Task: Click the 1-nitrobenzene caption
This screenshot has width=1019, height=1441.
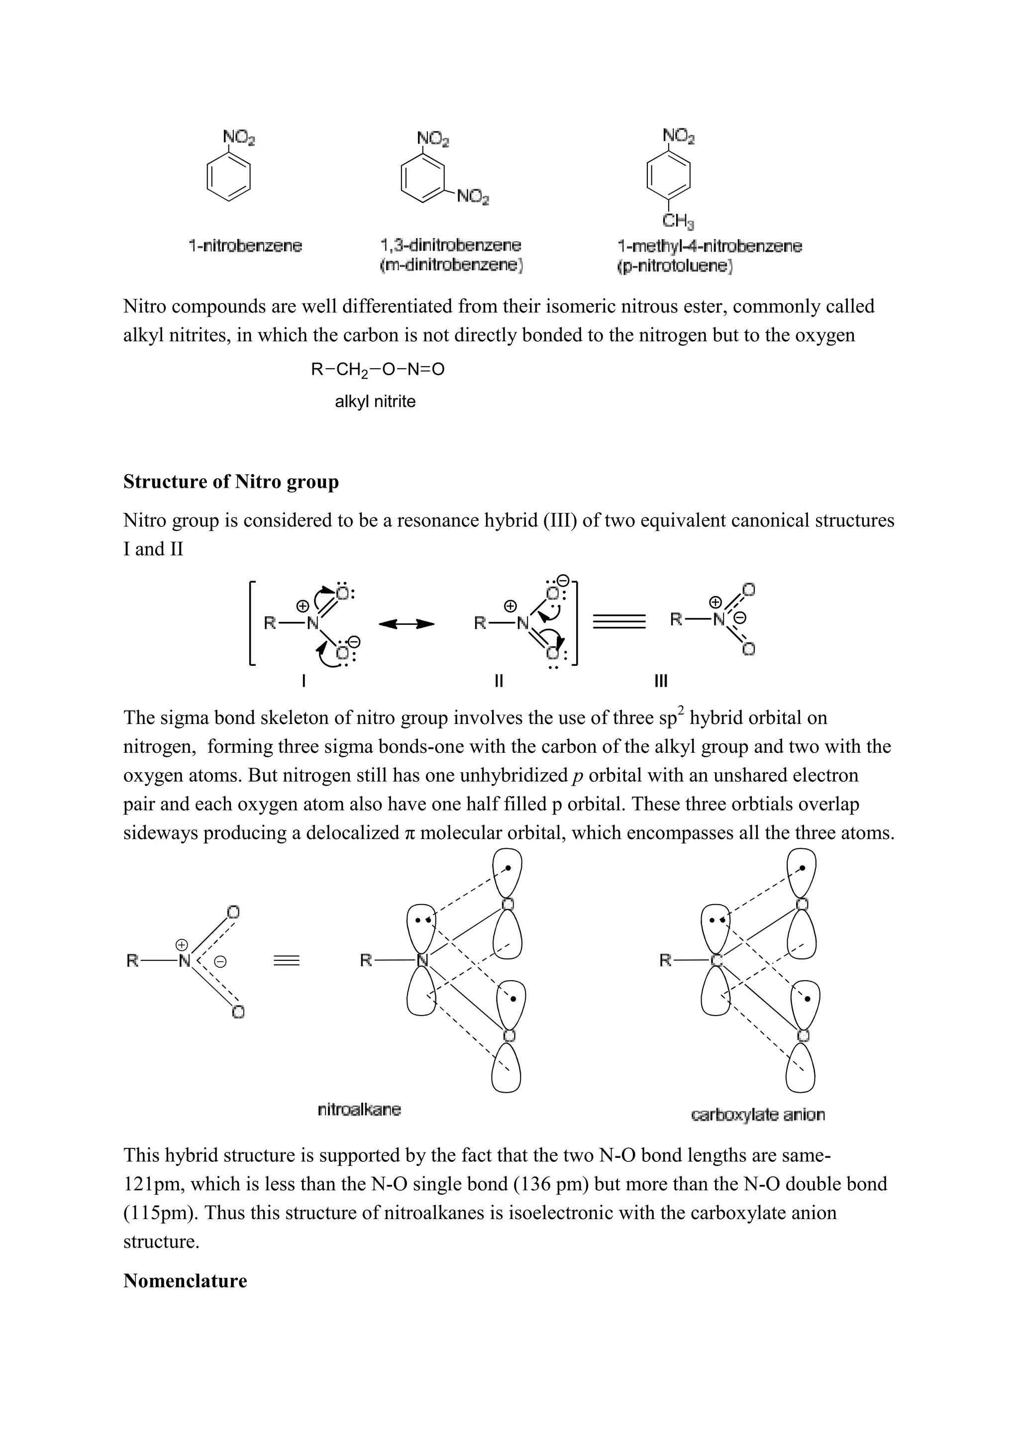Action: pos(245,246)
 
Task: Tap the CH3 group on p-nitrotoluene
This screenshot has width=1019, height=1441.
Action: pos(678,221)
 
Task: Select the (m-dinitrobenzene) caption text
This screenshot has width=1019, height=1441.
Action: pos(451,266)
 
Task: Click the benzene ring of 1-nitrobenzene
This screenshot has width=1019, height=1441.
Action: pos(229,178)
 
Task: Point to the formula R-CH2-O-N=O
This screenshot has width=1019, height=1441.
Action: pos(377,370)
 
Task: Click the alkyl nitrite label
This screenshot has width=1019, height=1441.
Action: pos(375,402)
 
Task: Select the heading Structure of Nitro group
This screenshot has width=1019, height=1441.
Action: pos(231,482)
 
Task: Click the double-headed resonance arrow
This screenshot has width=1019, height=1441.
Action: pos(407,624)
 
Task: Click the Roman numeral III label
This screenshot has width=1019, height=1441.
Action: pos(661,681)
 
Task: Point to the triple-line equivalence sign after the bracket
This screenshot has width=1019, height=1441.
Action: pos(618,622)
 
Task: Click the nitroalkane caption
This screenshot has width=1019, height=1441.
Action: pos(359,1110)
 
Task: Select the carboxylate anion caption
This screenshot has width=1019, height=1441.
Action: pos(757,1115)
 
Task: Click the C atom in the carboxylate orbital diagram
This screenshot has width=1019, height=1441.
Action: pos(716,960)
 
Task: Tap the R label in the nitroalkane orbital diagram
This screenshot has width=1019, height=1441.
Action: pos(366,960)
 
